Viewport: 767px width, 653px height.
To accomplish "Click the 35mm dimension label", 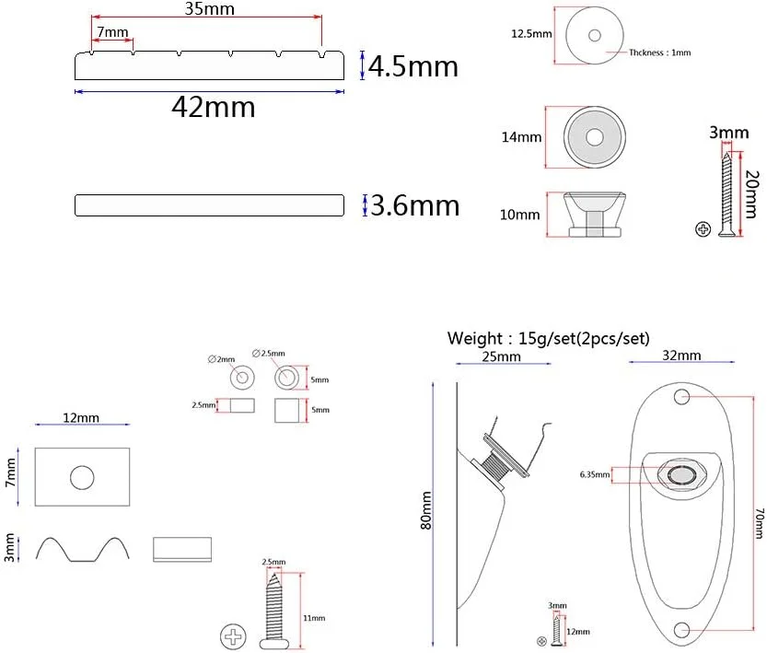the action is [209, 8].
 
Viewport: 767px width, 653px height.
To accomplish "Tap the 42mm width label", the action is [214, 107].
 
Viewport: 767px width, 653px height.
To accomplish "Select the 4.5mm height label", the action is [413, 66].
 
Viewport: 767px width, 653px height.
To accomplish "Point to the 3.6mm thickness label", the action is [414, 205].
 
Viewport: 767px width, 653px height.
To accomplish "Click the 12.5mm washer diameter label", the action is [531, 34].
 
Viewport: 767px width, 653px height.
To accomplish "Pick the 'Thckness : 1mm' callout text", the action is [660, 52].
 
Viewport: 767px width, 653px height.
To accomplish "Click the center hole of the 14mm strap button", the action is [594, 137].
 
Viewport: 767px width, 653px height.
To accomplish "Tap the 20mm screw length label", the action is [752, 193].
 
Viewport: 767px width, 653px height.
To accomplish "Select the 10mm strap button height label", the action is [519, 215].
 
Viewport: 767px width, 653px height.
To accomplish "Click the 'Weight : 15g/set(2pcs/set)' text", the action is [549, 338].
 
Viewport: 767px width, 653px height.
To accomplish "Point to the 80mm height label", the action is [426, 510].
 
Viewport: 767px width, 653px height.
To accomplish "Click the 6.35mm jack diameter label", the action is [595, 474].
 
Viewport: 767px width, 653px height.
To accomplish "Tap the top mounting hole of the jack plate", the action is [682, 396].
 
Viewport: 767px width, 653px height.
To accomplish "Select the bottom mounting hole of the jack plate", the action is [681, 630].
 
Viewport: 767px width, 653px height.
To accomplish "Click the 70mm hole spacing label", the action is [759, 523].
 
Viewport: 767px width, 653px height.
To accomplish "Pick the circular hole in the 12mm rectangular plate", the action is [82, 477].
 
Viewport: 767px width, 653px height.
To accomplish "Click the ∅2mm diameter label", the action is [221, 359].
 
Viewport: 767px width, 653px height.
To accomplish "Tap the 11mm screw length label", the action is [314, 618].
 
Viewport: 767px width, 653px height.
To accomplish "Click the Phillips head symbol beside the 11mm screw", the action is [233, 636].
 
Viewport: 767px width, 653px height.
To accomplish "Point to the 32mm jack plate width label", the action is [681, 356].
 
